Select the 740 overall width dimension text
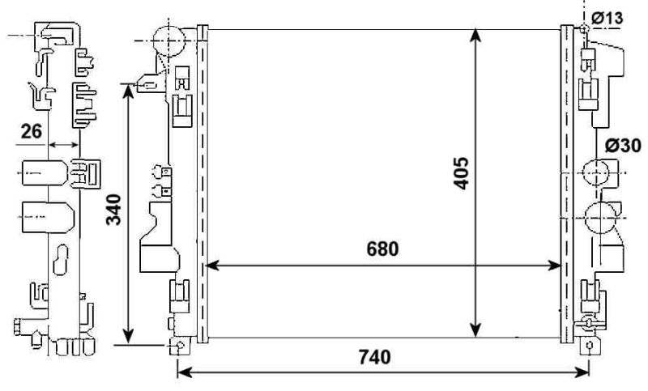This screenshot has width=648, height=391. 373,356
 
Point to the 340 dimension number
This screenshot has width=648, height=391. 114,210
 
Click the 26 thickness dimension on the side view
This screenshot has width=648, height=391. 32,131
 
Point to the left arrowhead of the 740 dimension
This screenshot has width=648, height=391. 183,372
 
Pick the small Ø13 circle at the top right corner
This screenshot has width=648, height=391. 582,29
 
